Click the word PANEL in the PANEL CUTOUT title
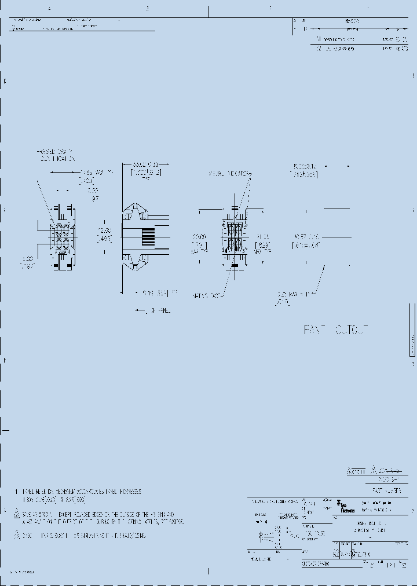316,330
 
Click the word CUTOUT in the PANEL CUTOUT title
351,330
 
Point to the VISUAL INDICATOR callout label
228,174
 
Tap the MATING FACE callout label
207,296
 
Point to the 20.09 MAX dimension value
199,243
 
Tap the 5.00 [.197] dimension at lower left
26,262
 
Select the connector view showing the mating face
234,237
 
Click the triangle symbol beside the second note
17,514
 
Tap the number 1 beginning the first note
17,492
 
